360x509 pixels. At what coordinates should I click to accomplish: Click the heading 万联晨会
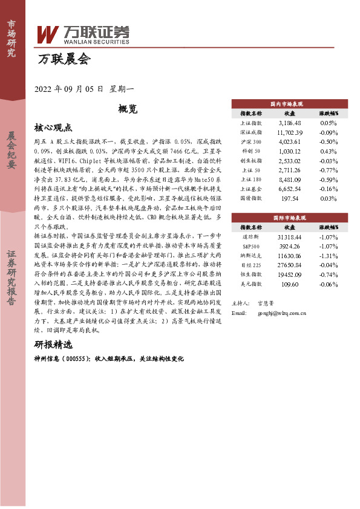click(64, 59)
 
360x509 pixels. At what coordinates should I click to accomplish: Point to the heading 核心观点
click(53, 128)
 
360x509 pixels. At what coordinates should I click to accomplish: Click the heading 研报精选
click(53, 345)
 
